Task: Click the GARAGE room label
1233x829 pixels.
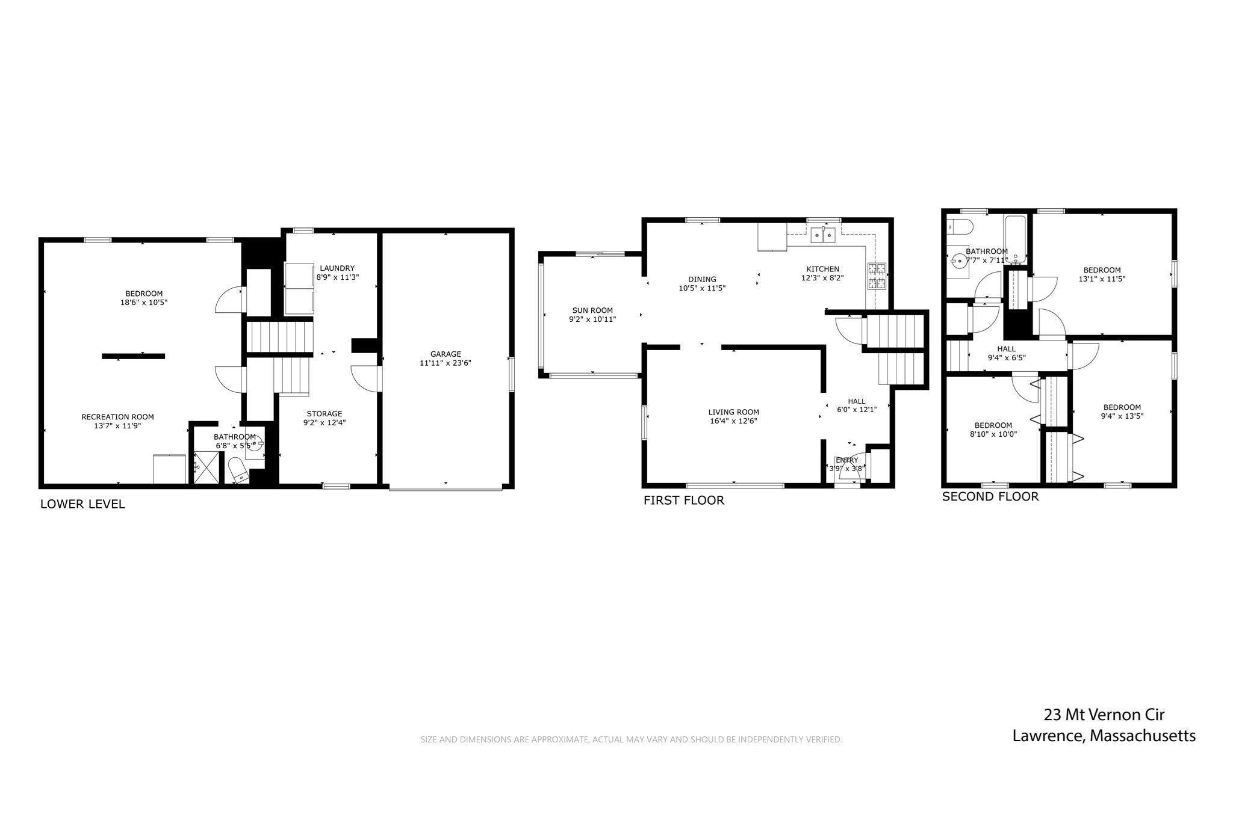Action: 446,354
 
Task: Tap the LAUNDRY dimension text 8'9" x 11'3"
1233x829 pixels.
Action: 337,277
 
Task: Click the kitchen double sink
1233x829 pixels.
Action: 823,235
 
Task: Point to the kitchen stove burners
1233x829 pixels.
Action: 877,276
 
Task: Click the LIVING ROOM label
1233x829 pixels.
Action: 733,412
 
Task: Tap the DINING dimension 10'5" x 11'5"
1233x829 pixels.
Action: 702,288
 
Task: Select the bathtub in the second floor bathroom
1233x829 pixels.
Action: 1015,239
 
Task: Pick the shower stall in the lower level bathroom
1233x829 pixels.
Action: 206,467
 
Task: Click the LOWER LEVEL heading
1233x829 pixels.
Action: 82,504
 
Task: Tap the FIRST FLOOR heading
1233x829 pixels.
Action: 683,500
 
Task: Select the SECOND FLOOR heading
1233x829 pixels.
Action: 990,496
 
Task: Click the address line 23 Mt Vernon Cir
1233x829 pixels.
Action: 1104,715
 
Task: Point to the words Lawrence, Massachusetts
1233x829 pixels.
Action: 1104,736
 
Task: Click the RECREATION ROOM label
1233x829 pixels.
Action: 117,417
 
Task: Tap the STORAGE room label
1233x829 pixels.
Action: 324,414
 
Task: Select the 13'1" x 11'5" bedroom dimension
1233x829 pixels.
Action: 1102,279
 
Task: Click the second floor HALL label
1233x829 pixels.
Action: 1006,349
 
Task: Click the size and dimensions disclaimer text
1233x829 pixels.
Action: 630,739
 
